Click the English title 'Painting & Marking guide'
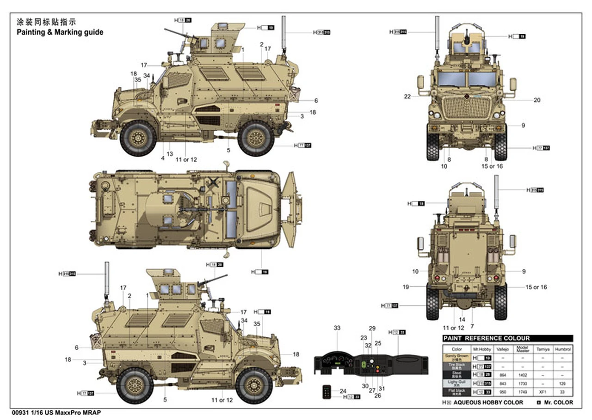[60, 32]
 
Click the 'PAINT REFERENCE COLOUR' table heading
[486, 338]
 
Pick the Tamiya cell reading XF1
[543, 392]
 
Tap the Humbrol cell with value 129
[562, 383]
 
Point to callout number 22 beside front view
[407, 97]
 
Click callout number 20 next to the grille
[537, 100]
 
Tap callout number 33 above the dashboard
[337, 328]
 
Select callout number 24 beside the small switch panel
[343, 391]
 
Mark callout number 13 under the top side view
[170, 154]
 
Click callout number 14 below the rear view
[462, 319]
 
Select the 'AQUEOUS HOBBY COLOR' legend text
[488, 402]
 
